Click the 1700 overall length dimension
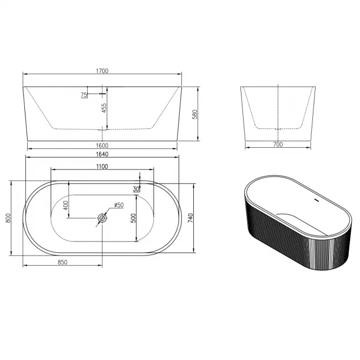102,71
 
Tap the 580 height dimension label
195,114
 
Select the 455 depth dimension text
104,108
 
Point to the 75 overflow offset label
84,95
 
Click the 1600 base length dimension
102,146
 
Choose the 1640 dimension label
102,154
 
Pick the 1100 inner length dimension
102,166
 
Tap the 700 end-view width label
278,145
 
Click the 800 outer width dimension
8,218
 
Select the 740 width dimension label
191,218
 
